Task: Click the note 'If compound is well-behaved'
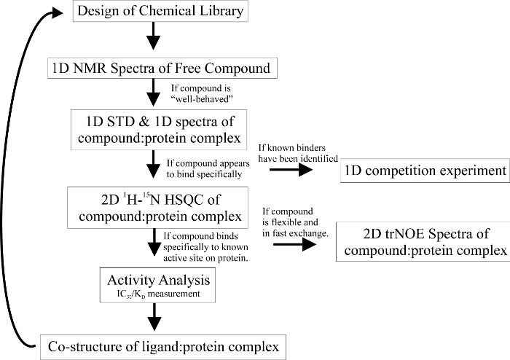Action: (210, 93)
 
